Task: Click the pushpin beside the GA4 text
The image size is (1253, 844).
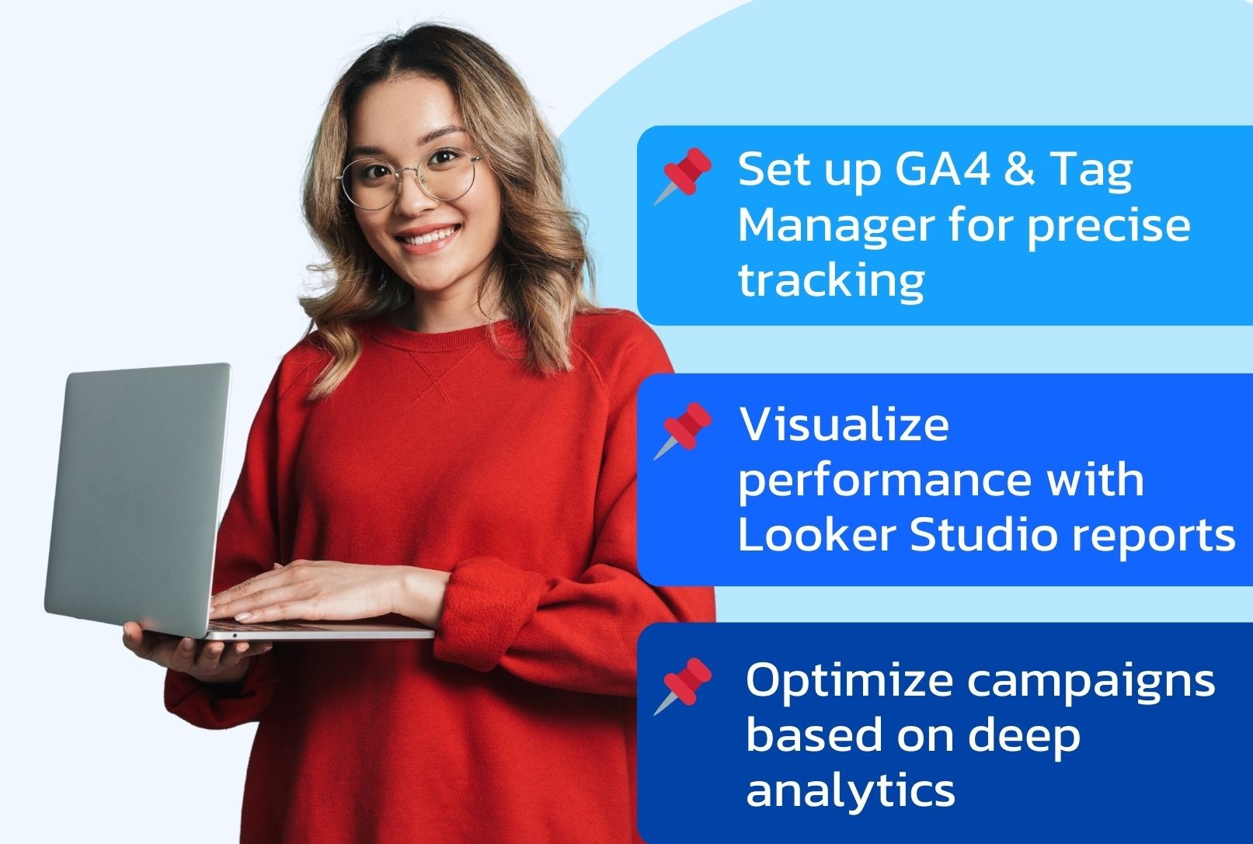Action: pos(684,175)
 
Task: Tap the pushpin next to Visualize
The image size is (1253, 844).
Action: pos(684,430)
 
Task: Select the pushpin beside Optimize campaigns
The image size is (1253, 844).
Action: pos(684,686)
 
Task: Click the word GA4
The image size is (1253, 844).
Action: pos(942,168)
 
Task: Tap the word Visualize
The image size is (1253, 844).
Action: pos(844,424)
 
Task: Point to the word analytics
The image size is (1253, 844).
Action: pos(851,790)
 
